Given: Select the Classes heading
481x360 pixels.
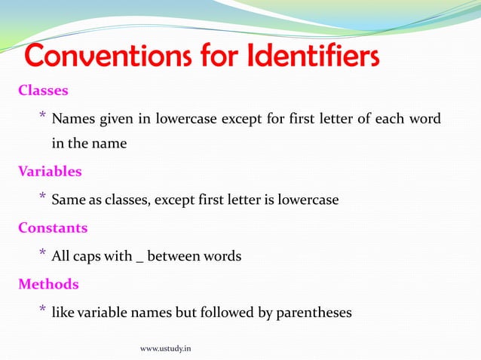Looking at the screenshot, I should [43, 90].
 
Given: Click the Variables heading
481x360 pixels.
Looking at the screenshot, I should [50, 171].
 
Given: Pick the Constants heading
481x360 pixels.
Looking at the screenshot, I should [53, 227].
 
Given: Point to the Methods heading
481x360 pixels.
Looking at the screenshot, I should [48, 284].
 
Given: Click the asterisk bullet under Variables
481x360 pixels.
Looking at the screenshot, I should [43, 197].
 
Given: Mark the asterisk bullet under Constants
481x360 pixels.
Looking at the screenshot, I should [43, 253].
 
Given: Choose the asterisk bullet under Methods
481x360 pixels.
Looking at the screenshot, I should [43, 309].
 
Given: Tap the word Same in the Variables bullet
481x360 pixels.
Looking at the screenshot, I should [68, 200].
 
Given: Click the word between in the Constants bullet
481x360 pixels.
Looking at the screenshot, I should [173, 256].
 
